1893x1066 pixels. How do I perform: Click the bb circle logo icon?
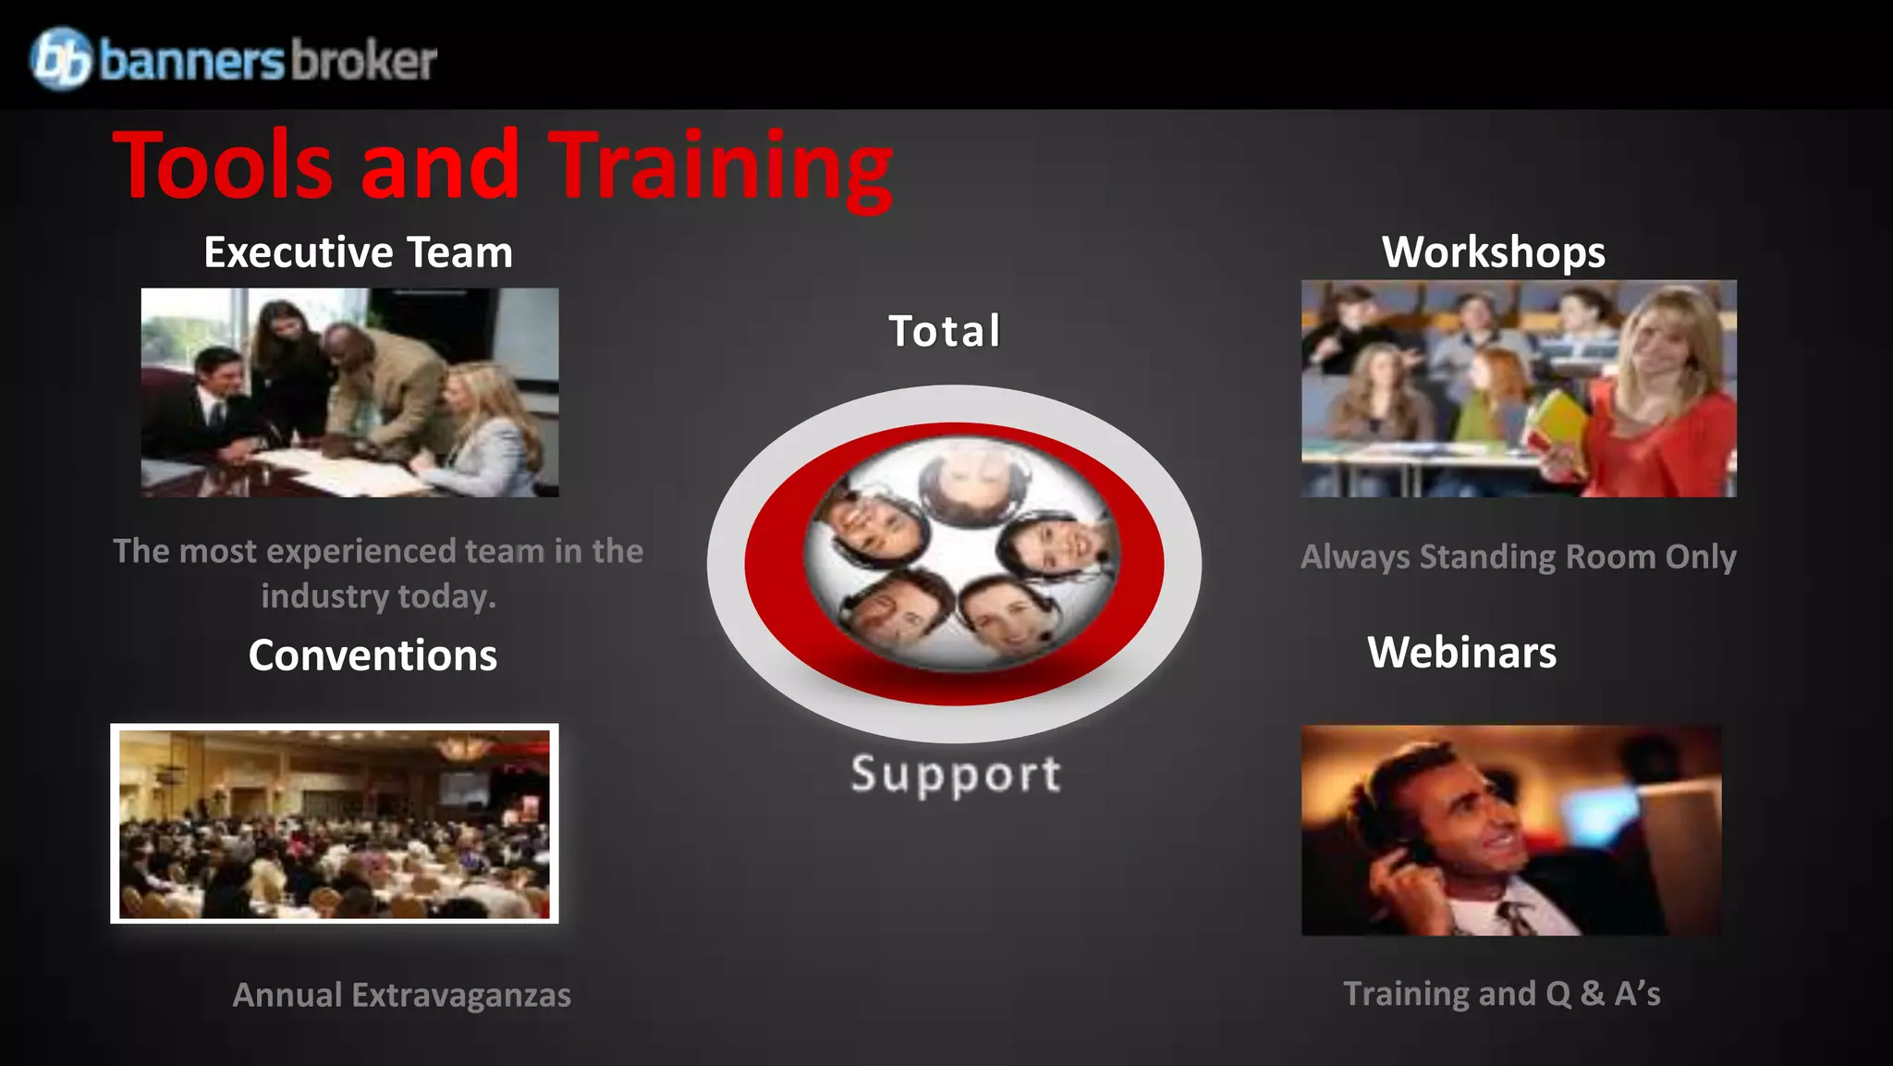click(x=61, y=58)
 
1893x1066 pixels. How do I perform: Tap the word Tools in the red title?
click(x=223, y=166)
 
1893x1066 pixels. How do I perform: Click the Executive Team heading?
click(x=358, y=252)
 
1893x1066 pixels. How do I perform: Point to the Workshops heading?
click(x=1493, y=252)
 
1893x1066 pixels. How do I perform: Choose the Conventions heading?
click(x=372, y=656)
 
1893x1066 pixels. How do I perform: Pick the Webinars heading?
click(x=1461, y=653)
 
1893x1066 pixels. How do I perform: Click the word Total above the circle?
click(x=945, y=331)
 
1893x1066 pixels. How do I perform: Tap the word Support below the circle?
click(x=956, y=775)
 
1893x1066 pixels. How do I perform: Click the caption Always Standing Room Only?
click(x=1518, y=557)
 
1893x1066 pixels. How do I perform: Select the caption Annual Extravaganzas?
click(x=401, y=995)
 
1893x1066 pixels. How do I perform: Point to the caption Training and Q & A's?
click(x=1501, y=994)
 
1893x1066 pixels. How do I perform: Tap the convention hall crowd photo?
click(x=335, y=824)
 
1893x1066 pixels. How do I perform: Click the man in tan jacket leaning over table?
click(x=379, y=379)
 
